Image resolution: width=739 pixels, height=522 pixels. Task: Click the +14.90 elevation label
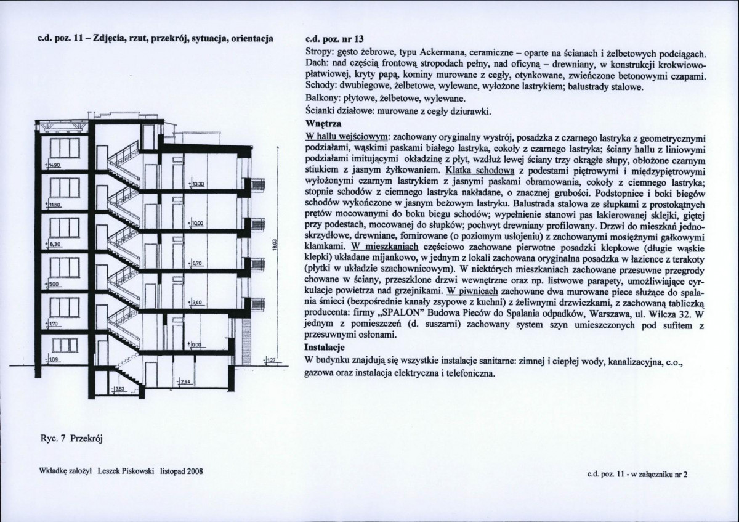(54, 166)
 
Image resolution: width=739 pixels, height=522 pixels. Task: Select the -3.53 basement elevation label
(119, 389)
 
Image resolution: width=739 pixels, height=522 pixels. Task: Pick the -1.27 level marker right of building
(270, 362)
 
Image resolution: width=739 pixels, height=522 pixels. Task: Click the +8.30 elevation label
(54, 245)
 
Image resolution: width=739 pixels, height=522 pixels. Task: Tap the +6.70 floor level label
(197, 263)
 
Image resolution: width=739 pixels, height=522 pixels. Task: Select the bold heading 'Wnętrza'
(323, 123)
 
